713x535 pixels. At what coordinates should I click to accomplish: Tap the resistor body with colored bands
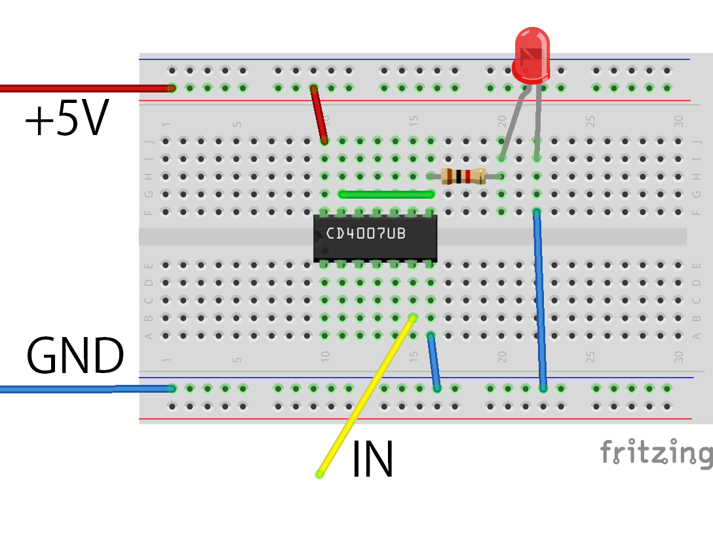(x=463, y=176)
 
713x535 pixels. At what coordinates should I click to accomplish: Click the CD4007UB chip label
(x=366, y=234)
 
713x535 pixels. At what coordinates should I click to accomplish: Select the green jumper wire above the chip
(x=387, y=194)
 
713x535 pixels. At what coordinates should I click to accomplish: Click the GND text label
(x=75, y=357)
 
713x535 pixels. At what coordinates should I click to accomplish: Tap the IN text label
(x=372, y=460)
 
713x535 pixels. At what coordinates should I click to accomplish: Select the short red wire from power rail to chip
(x=319, y=114)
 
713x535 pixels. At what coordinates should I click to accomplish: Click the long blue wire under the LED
(x=540, y=302)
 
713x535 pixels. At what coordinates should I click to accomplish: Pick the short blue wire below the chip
(x=434, y=362)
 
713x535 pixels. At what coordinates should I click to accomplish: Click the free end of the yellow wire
(x=320, y=474)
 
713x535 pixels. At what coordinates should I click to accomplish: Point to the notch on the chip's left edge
(x=317, y=237)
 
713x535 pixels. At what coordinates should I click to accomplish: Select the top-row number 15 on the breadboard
(x=414, y=121)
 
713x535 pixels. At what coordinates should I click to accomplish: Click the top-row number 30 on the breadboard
(x=679, y=121)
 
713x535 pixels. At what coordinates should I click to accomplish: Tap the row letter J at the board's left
(x=148, y=141)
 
